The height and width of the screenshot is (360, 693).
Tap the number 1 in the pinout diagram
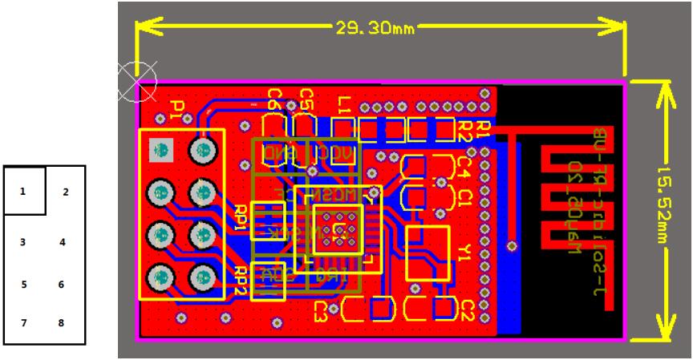23,192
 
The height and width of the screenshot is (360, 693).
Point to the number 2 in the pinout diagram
65,192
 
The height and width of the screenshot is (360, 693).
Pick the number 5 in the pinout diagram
23,283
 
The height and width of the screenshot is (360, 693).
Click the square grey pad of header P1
161,149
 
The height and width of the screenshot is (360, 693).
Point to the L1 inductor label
344,103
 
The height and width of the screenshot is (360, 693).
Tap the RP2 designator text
241,277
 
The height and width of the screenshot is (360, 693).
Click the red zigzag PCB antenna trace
574,196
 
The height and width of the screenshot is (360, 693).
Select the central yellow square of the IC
338,229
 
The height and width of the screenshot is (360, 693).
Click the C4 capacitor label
463,167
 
